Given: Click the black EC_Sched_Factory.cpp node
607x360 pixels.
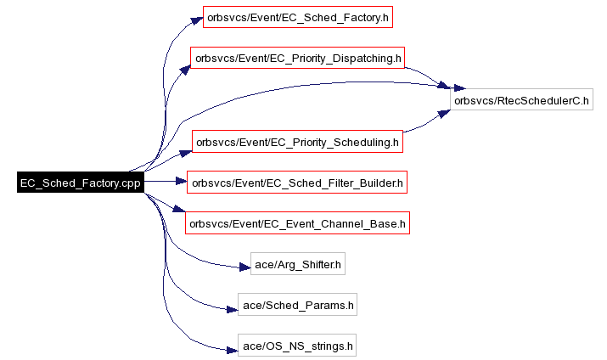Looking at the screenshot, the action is click(x=81, y=182).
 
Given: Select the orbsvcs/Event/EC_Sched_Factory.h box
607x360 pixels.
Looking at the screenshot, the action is click(x=298, y=17).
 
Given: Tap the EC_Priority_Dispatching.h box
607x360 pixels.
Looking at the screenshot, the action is click(x=297, y=58).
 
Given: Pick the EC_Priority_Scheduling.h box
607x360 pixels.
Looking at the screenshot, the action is click(x=297, y=142).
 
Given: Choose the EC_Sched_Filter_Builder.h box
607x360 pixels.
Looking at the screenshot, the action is click(x=297, y=183).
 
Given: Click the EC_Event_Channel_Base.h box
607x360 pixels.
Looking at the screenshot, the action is click(x=297, y=223).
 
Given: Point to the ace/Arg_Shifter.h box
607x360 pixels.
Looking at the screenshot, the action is click(x=298, y=264).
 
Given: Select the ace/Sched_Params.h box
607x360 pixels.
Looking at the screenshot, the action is click(x=297, y=305).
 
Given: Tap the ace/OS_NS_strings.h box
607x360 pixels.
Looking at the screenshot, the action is click(x=297, y=346).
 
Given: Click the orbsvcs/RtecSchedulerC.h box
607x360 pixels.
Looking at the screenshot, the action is click(x=521, y=99).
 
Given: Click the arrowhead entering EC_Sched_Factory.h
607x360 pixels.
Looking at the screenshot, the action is click(x=197, y=21).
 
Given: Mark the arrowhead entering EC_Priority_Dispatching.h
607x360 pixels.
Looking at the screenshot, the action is click(x=185, y=70).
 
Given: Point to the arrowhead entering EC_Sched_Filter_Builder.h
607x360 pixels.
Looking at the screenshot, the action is click(x=181, y=181).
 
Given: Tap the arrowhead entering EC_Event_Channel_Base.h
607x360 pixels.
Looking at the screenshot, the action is click(x=179, y=209).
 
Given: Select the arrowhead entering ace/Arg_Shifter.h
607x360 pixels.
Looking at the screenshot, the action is click(x=244, y=267).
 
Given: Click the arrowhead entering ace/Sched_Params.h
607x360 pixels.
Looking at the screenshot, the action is click(x=232, y=309).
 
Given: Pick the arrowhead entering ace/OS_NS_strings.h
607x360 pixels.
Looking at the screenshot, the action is click(x=232, y=350).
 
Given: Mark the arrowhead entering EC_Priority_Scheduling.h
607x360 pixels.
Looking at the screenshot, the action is click(x=186, y=154).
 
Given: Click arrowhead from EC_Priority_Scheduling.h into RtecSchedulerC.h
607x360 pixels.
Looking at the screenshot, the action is click(x=444, y=114).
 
